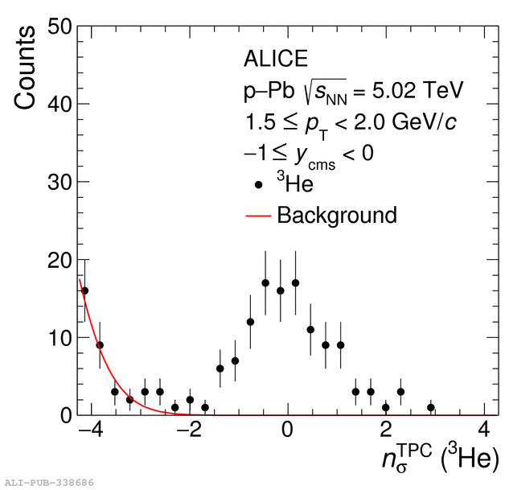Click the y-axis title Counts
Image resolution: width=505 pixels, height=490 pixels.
point(25,68)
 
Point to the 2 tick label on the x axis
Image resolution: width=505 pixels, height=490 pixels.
point(386,429)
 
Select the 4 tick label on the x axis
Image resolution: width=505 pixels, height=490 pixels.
point(485,429)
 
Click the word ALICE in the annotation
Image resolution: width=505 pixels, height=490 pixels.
point(276,59)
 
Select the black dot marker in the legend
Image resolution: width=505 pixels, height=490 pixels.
point(258,185)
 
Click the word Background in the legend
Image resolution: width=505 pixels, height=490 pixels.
point(336,216)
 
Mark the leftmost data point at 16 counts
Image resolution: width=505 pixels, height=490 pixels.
point(84,290)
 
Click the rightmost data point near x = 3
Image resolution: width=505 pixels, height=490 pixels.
point(431,407)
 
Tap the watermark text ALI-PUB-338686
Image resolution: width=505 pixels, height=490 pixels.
point(49,484)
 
